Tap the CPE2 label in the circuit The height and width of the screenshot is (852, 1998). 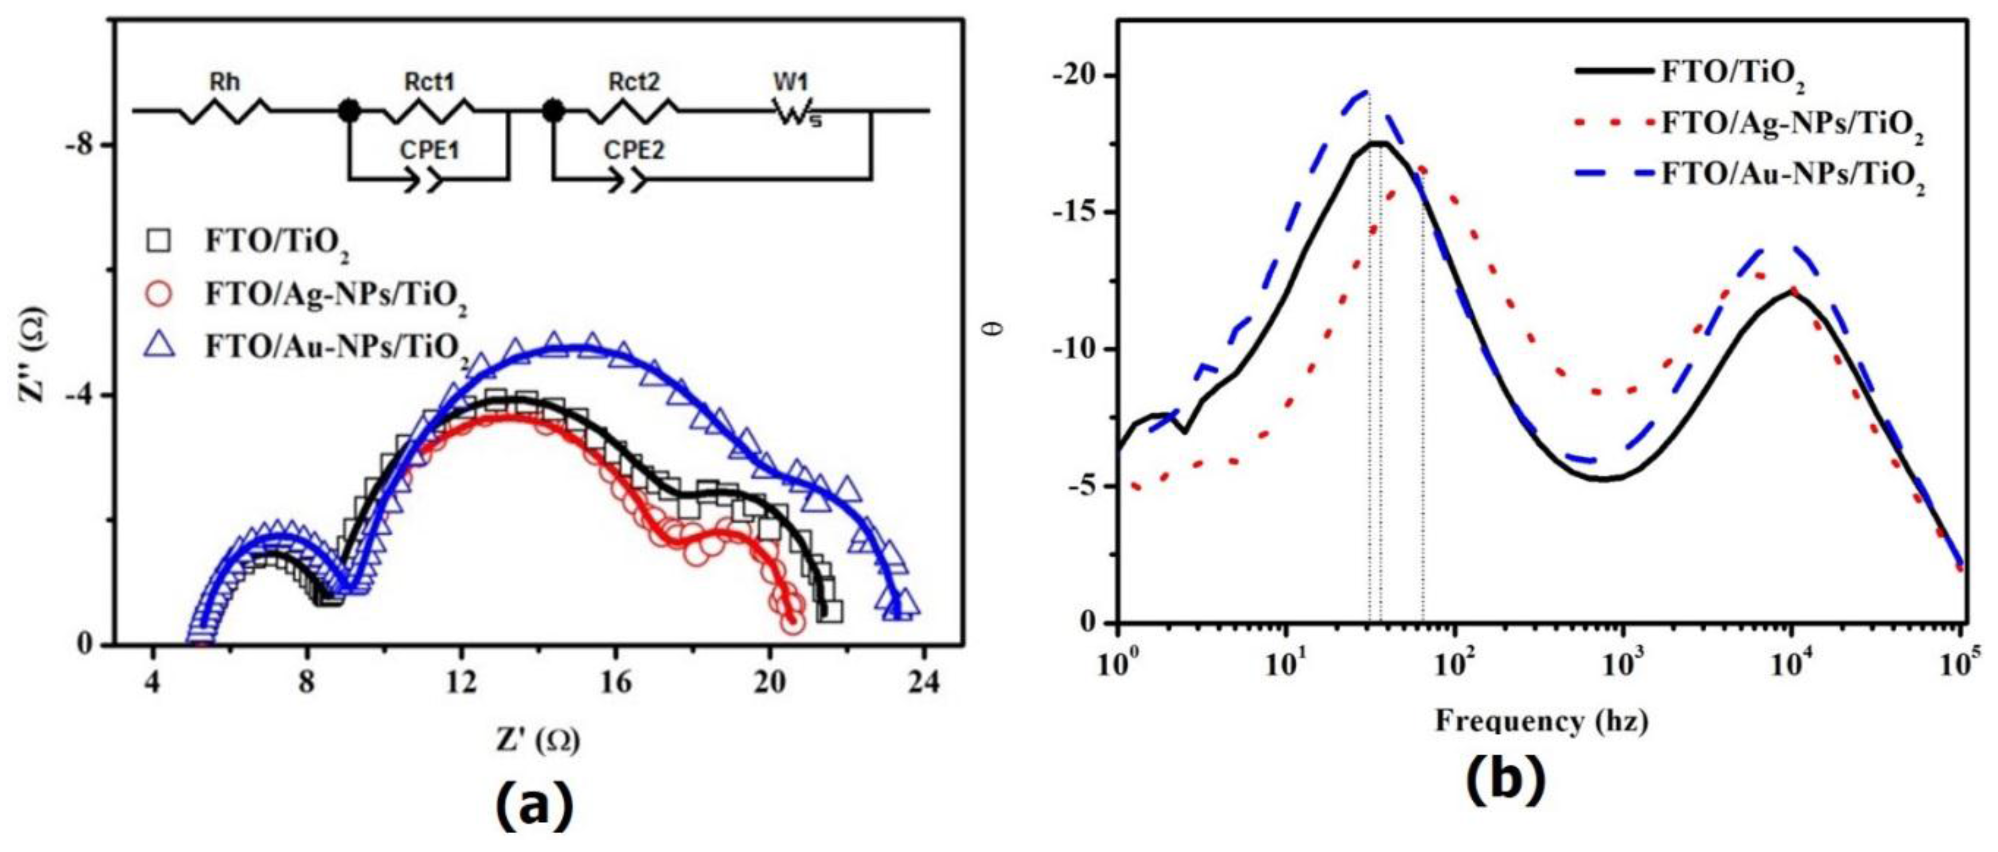pos(635,150)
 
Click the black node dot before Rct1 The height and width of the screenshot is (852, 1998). pos(349,111)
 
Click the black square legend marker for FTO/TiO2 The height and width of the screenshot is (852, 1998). pos(160,242)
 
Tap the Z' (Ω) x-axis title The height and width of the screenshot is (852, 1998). pos(538,740)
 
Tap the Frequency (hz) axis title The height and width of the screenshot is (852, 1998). pos(1541,721)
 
